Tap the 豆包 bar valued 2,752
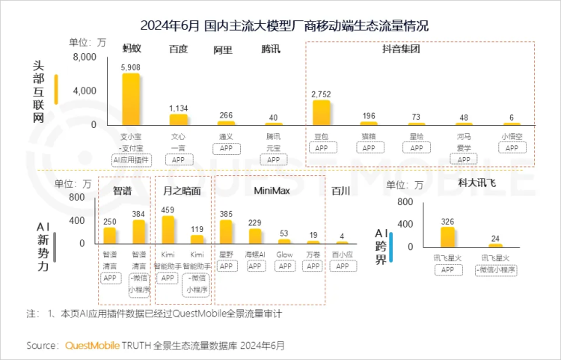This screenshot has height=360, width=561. [322, 112]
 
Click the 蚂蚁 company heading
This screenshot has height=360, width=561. [132, 49]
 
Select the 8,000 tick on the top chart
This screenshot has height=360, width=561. [85, 57]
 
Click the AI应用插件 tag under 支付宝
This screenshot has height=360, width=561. [131, 159]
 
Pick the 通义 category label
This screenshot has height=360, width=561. [226, 137]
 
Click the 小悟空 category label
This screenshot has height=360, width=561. [512, 137]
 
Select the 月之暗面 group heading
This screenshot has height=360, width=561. [182, 191]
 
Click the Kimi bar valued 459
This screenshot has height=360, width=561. [168, 231]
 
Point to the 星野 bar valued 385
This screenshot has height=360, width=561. [226, 233]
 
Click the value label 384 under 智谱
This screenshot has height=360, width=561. [138, 214]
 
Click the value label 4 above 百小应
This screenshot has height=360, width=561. [342, 237]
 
